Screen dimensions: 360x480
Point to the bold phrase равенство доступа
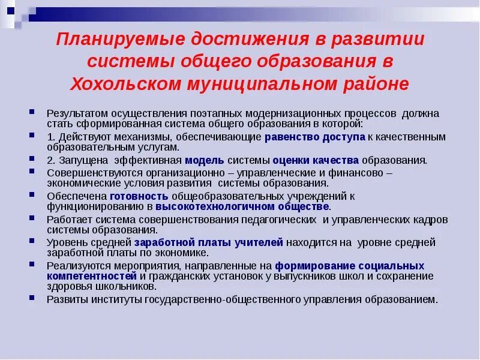tap(314, 137)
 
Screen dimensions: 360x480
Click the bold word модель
tap(205, 160)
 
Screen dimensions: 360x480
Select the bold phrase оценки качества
tap(316, 160)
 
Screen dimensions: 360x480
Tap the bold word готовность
tap(140, 196)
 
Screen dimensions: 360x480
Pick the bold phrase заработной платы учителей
tap(208, 242)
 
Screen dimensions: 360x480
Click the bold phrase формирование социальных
tap(349, 265)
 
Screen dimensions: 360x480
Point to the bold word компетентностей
tap(91, 275)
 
